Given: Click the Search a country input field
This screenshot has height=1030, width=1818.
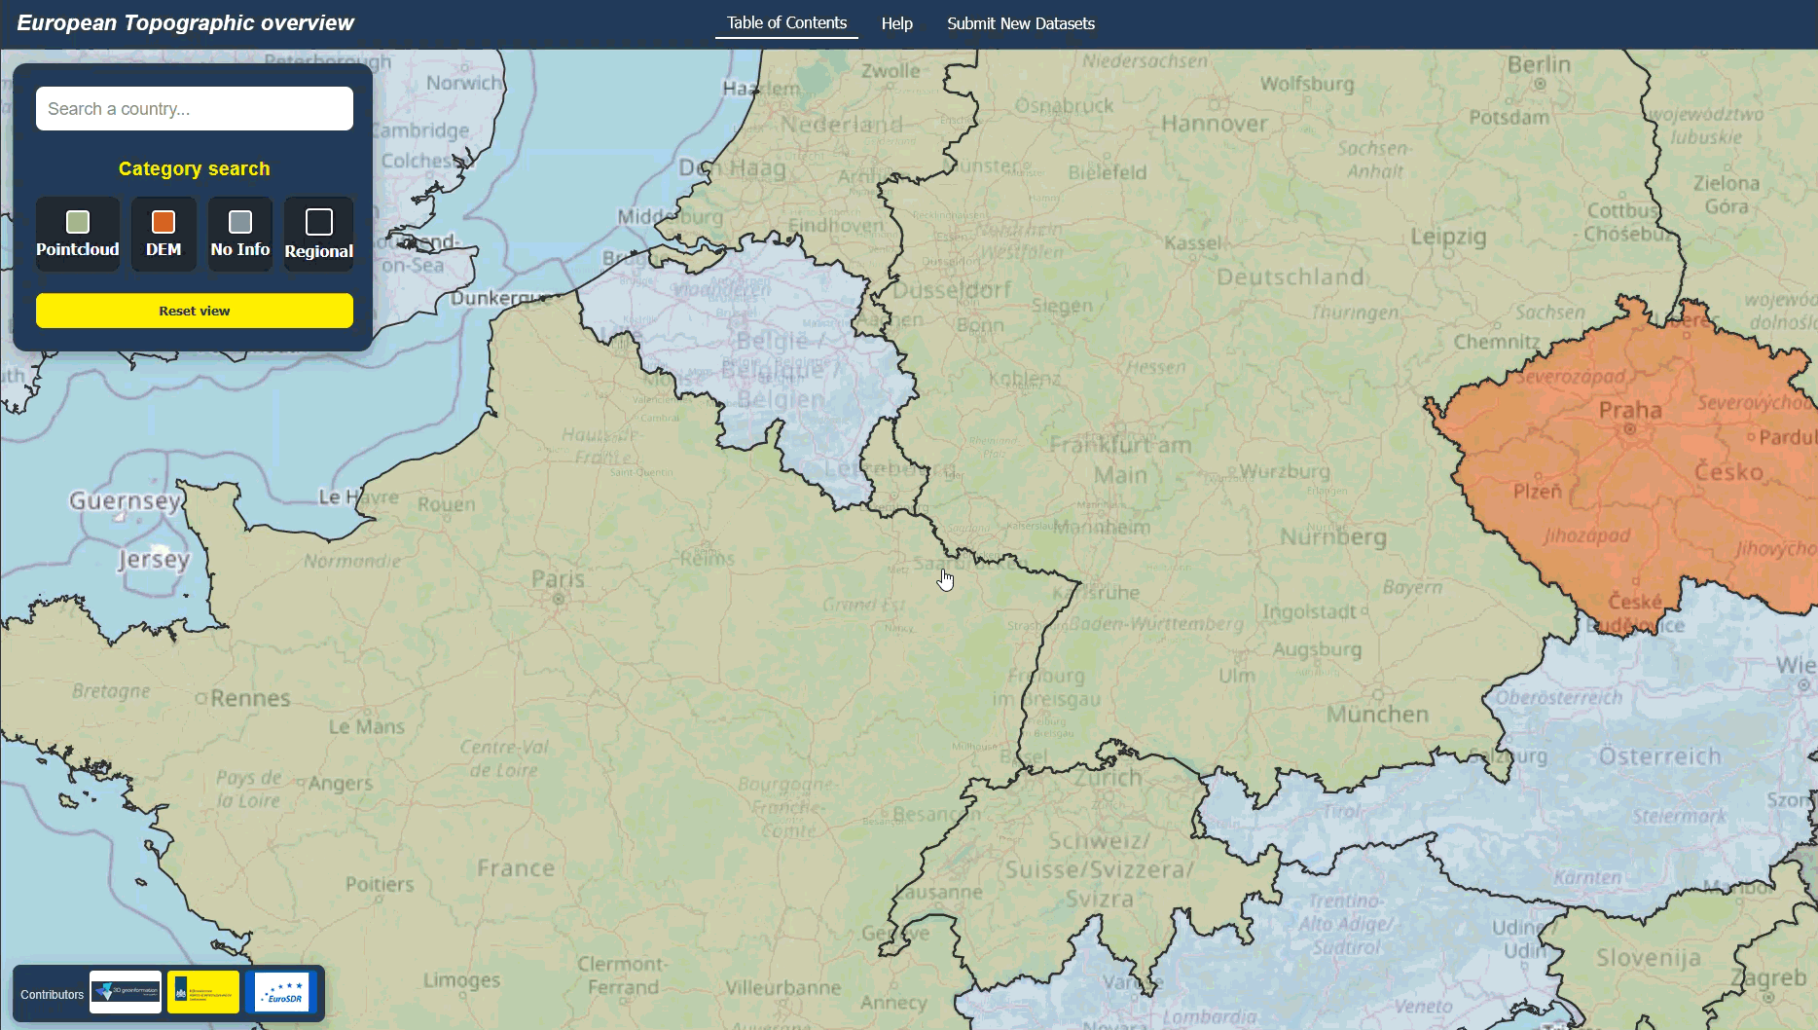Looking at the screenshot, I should click(x=194, y=109).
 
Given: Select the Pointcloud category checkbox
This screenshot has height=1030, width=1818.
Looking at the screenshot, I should click(x=78, y=223).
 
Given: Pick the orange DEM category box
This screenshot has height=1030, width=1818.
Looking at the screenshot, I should click(x=164, y=223).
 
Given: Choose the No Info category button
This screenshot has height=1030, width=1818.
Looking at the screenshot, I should click(x=240, y=223).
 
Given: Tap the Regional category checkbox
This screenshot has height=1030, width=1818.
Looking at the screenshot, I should click(x=319, y=223).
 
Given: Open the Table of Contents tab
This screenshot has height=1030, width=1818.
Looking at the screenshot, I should click(x=786, y=23).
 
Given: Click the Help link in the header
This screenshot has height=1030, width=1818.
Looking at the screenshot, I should click(x=896, y=23).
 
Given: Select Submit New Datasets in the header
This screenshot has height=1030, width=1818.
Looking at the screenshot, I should click(x=1020, y=23).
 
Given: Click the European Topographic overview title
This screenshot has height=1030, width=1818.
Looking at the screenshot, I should click(x=185, y=23).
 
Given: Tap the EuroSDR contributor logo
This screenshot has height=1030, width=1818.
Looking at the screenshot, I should click(x=282, y=992).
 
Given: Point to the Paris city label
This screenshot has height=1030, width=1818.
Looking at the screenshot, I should click(x=558, y=580).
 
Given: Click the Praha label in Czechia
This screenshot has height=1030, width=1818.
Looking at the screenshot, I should click(x=1630, y=411).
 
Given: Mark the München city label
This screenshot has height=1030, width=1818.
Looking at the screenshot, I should click(x=1377, y=715).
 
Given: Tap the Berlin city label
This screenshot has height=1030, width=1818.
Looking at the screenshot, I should click(x=1539, y=65).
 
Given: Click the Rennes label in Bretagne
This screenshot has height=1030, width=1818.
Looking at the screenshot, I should click(x=250, y=699).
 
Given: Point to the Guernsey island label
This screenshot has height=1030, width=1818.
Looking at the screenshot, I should click(x=125, y=501).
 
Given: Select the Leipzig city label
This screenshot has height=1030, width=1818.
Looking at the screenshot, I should click(x=1448, y=237).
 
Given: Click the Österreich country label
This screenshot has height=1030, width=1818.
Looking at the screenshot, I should click(x=1659, y=756).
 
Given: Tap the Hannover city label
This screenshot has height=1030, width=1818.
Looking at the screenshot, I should click(x=1215, y=124).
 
